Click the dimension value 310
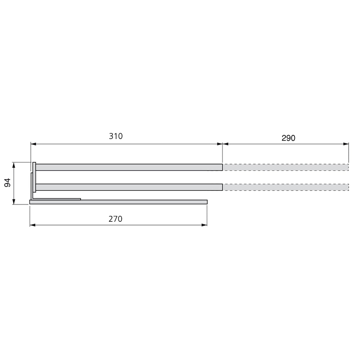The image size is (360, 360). pos(116,136)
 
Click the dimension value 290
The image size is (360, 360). pos(288,138)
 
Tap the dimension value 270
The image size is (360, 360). pos(115,219)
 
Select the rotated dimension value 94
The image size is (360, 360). pos(8,182)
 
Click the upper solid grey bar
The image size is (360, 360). pos(129,167)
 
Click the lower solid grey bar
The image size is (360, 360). pos(129,187)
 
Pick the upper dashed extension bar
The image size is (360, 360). pos(286,167)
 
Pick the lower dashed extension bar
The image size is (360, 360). pos(286,187)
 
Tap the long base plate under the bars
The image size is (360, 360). pos(118,202)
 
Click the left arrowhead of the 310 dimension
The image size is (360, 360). pos(33,144)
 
